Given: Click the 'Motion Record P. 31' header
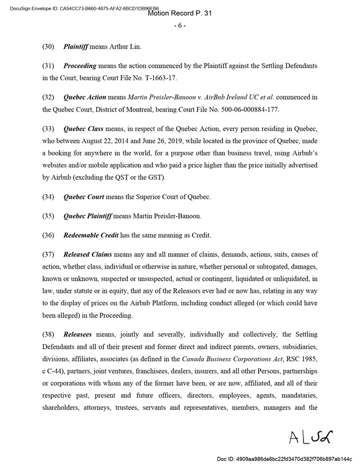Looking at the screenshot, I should pos(180,13).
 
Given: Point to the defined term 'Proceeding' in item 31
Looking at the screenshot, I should pos(80,66).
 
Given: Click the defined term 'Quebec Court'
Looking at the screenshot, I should pos(84,197).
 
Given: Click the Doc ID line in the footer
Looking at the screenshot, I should pos(284,458).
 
